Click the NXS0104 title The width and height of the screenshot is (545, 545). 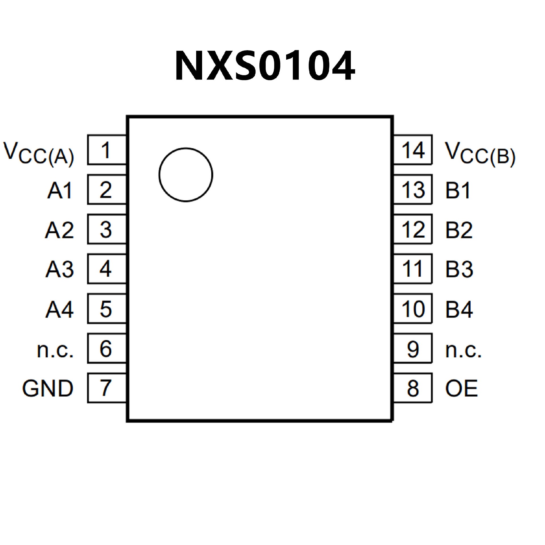[x=265, y=66]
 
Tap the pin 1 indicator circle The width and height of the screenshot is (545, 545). [x=186, y=175]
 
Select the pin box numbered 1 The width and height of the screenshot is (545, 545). [x=107, y=150]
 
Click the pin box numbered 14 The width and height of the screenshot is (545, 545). [x=413, y=150]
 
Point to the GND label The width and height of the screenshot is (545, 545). [x=48, y=388]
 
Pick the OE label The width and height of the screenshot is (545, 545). [x=461, y=388]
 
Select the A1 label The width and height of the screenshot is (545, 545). [x=60, y=190]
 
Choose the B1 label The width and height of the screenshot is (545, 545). [x=458, y=190]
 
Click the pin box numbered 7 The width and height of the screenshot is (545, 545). [x=107, y=388]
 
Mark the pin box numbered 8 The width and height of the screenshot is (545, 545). [x=413, y=388]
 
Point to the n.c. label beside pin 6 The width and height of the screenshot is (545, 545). [x=55, y=350]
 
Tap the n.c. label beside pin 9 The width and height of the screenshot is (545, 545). [x=463, y=350]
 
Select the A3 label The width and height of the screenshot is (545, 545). [x=60, y=269]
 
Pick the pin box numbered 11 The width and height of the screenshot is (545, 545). [x=413, y=269]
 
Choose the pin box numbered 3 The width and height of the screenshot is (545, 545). [x=107, y=229]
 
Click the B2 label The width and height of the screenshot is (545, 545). [x=459, y=229]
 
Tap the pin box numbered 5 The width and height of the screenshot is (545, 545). [x=107, y=309]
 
